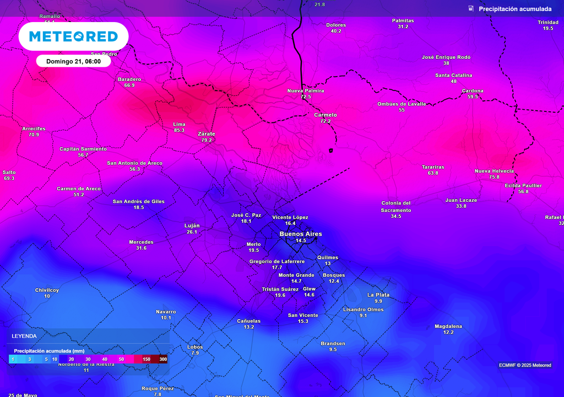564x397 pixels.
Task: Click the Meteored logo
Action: [73, 36]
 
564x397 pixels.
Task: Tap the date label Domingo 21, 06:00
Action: [73, 61]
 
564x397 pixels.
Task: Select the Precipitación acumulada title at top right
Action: [514, 9]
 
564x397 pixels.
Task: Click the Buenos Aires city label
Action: [300, 234]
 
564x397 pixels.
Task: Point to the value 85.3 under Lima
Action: [179, 130]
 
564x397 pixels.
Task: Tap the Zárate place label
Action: [206, 134]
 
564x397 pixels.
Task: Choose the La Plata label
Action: [378, 295]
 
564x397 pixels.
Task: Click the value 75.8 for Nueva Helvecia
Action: [494, 177]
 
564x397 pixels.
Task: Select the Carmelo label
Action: [325, 115]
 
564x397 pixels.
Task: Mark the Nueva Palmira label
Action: [306, 90]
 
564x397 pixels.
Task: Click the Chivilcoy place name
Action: [47, 290]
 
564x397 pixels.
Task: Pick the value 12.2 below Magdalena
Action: [448, 332]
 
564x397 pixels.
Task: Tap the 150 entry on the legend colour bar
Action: [147, 359]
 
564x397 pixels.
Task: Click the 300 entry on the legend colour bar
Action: [163, 359]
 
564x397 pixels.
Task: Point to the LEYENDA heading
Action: [24, 336]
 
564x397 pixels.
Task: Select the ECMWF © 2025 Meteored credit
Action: [525, 365]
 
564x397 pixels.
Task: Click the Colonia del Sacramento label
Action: [396, 206]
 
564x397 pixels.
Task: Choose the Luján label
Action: [192, 226]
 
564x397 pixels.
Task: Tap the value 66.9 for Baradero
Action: [129, 85]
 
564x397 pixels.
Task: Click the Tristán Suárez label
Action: [280, 289]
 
